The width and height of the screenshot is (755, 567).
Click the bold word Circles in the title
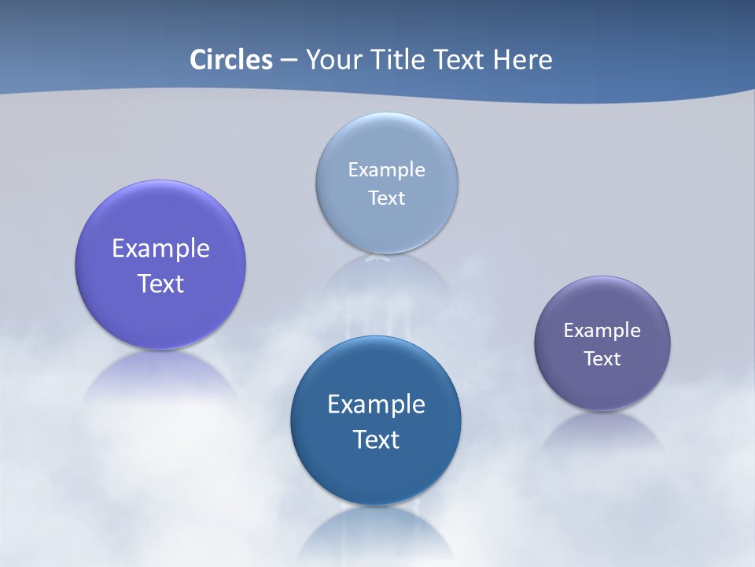pyautogui.click(x=231, y=60)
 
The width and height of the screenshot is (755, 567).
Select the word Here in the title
pyautogui.click(x=523, y=60)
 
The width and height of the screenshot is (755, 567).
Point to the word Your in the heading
pyautogui.click(x=330, y=60)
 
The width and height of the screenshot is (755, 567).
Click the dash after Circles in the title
pyautogui.click(x=289, y=61)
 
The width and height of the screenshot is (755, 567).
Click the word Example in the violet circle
pyautogui.click(x=160, y=248)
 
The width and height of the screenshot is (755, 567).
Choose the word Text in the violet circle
pyautogui.click(x=160, y=283)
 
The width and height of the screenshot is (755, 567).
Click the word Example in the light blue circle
pyautogui.click(x=386, y=169)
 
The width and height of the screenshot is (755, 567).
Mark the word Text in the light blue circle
pyautogui.click(x=386, y=198)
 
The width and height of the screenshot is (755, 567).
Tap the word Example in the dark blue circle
pyautogui.click(x=376, y=404)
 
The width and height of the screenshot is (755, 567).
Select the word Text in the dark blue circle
pyautogui.click(x=376, y=439)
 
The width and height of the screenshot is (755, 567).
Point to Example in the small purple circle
pyautogui.click(x=602, y=330)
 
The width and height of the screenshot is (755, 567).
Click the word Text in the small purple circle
pyautogui.click(x=602, y=358)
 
